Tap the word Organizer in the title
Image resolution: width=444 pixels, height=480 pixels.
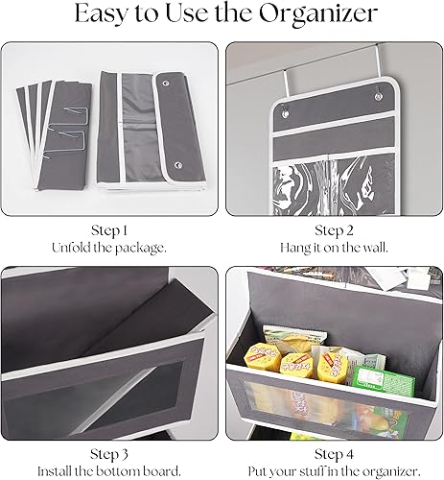tap(316, 16)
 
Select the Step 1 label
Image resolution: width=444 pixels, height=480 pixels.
tap(110, 230)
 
